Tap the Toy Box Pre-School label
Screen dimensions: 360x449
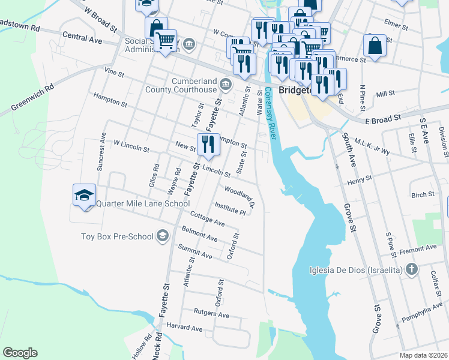[117, 236]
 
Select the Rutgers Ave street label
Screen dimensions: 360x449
[211, 314]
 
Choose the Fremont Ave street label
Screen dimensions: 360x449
[419, 248]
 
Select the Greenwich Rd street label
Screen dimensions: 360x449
[32, 98]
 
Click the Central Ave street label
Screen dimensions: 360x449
[82, 38]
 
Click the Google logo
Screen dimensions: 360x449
[20, 353]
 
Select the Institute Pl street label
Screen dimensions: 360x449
[231, 208]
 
